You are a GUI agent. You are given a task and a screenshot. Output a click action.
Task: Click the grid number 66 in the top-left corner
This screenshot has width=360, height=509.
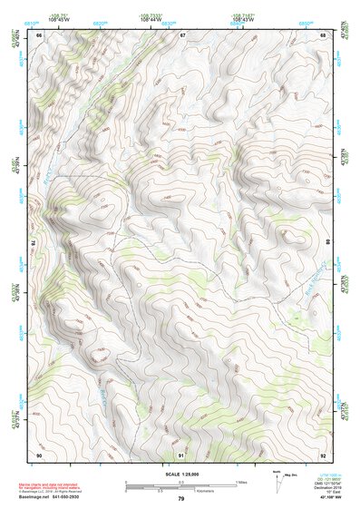39,35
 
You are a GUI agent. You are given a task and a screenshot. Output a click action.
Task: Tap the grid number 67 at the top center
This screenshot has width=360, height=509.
182,35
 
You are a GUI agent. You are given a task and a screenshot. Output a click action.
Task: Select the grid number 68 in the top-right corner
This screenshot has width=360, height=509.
324,35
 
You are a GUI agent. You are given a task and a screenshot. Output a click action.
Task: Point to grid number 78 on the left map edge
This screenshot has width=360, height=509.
34,243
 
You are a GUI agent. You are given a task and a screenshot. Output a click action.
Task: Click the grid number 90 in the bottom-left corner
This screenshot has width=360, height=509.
39,454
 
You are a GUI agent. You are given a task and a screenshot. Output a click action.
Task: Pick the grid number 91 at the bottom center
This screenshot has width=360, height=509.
182,454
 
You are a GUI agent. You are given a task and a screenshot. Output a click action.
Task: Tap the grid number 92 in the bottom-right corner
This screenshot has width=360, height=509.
324,454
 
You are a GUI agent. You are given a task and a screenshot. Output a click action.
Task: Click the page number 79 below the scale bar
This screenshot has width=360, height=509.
180,499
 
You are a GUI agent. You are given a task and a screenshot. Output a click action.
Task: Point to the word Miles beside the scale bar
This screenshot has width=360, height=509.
240,482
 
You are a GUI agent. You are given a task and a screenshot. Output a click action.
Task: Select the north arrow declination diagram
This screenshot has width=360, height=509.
278,482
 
